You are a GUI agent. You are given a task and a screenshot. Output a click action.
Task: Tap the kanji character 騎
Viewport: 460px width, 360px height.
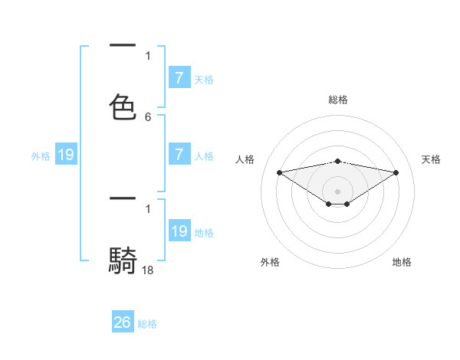click(123, 260)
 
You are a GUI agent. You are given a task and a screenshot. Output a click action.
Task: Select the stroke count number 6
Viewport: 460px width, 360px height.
click(148, 117)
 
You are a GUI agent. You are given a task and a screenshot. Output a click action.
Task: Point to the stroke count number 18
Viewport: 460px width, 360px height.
click(148, 270)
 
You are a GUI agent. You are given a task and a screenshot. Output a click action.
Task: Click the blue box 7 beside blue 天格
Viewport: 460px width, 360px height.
click(179, 77)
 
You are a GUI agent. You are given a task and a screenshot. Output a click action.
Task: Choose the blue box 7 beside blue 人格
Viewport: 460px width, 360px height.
click(179, 154)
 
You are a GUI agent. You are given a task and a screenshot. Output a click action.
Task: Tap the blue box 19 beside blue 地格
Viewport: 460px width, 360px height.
click(179, 231)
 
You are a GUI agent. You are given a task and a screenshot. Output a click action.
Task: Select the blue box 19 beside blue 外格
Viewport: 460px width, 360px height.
click(65, 155)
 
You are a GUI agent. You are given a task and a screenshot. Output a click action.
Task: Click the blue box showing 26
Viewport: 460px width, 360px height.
click(123, 322)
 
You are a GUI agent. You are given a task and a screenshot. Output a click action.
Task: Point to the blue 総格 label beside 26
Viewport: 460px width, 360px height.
click(147, 324)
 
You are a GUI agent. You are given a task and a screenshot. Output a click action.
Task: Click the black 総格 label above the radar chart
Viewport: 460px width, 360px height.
click(338, 100)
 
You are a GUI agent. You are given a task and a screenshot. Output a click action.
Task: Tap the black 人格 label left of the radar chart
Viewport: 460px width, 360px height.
click(245, 159)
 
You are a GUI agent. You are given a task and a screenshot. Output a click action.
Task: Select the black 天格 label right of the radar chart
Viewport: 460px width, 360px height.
click(431, 159)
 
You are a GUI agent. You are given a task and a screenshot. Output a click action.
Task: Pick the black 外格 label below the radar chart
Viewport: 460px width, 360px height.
click(270, 262)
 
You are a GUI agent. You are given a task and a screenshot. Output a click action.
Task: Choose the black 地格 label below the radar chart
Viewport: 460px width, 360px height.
click(402, 262)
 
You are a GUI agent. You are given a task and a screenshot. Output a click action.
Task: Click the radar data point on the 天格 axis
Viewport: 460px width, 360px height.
click(396, 172)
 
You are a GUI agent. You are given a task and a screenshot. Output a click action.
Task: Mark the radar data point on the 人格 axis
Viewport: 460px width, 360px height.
click(280, 172)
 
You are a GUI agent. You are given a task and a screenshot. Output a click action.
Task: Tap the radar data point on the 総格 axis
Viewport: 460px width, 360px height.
click(338, 161)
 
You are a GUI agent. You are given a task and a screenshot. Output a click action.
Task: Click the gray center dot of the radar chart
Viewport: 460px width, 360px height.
click(338, 191)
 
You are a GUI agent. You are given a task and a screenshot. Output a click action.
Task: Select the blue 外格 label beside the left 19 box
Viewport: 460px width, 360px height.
click(41, 156)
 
